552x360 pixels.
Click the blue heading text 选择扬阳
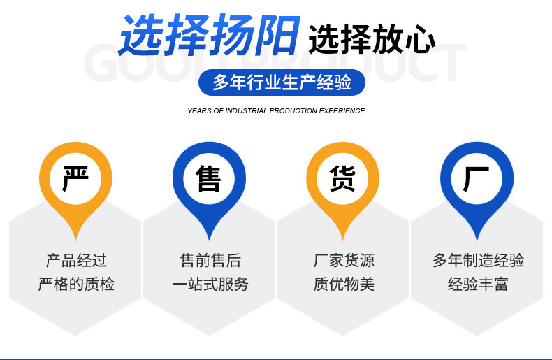(x=209, y=35)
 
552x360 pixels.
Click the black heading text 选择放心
(x=372, y=39)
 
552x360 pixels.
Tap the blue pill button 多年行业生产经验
(x=282, y=82)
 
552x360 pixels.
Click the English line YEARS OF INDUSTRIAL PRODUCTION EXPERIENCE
(x=276, y=111)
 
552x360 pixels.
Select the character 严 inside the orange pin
(x=75, y=178)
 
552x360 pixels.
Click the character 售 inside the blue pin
(x=209, y=178)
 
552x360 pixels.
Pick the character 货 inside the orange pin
(x=342, y=178)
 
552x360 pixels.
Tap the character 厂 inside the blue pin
(x=477, y=178)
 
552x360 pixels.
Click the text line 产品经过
(x=76, y=261)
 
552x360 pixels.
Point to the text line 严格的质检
(x=76, y=284)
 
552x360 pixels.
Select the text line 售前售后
(x=210, y=261)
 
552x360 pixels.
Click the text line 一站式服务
(x=210, y=284)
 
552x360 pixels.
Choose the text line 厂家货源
(x=344, y=261)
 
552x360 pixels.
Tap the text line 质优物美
(x=344, y=284)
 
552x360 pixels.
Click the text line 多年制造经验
(x=478, y=261)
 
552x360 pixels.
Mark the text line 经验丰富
(x=478, y=284)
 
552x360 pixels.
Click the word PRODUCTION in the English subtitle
(x=293, y=111)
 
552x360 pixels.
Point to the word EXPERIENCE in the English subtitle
(x=342, y=111)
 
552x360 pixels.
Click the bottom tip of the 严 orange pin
(x=75, y=240)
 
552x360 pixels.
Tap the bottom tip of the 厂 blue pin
(x=477, y=240)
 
